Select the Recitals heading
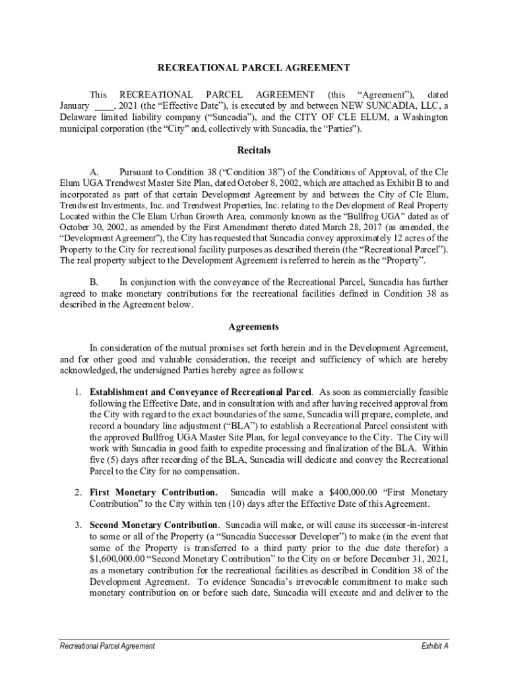point(253,150)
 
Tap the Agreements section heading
point(253,327)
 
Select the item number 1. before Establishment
point(78,392)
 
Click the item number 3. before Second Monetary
point(78,525)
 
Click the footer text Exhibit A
point(435,646)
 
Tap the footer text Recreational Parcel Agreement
point(107,646)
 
